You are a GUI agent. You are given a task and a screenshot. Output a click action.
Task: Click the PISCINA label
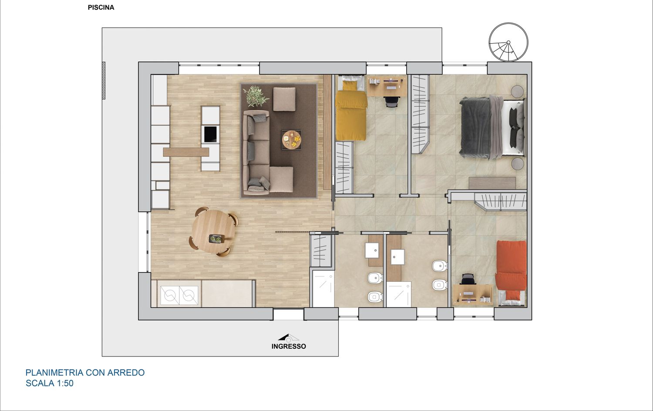tap(101, 7)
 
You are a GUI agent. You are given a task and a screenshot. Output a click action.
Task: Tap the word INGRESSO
tap(289, 346)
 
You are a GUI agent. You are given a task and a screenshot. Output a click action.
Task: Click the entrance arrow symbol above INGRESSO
tap(288, 337)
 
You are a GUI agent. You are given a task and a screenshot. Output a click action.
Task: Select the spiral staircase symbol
tap(508, 42)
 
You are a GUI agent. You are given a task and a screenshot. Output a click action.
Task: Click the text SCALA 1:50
tap(50, 383)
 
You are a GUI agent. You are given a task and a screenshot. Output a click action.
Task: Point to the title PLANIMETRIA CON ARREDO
tap(85, 373)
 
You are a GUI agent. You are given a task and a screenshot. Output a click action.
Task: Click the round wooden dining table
tap(214, 232)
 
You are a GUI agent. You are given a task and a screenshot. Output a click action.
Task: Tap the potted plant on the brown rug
tap(256, 96)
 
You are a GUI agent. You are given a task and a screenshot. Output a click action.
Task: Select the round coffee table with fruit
tap(292, 140)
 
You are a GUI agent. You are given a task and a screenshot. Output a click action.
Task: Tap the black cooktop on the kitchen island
tap(210, 134)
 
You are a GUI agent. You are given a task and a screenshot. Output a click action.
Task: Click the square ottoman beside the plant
tap(284, 99)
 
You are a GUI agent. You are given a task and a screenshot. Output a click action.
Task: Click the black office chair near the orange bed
tap(468, 279)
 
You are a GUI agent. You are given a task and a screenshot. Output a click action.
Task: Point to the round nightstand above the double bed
tap(518, 91)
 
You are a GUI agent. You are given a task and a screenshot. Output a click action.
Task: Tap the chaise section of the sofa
tap(281, 179)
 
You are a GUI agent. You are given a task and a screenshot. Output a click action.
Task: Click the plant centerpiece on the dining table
tap(216, 239)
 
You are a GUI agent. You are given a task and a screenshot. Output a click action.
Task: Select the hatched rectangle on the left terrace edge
tap(104, 81)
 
